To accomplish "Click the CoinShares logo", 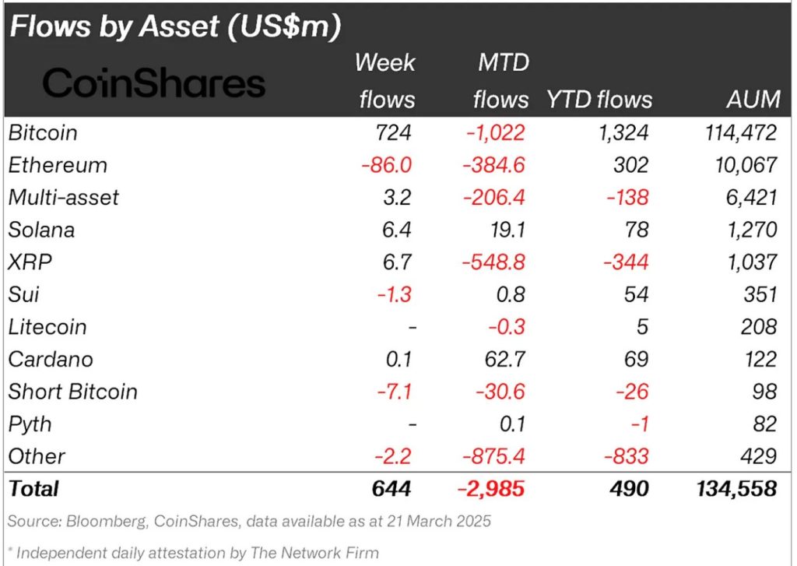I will point(154,83).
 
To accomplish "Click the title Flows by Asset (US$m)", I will point(175,27).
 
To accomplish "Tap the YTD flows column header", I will point(599,99).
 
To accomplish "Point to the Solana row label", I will point(43,230).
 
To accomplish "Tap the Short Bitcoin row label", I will point(72,392).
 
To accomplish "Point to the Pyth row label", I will point(30,424).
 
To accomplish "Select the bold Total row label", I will point(33,489).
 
